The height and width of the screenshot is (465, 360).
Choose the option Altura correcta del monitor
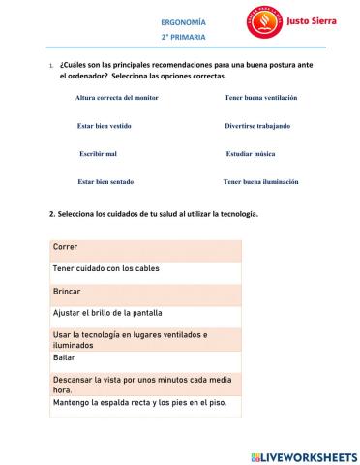click(116, 99)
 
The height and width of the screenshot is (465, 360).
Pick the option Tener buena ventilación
click(260, 99)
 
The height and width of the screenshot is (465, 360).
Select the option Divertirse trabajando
click(256, 126)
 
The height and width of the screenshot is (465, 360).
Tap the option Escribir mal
click(98, 154)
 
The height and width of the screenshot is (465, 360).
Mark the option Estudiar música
click(250, 154)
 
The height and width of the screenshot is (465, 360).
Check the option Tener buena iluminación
click(260, 182)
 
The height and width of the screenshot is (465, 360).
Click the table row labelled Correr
click(145, 247)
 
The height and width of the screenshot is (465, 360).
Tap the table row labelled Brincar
click(145, 291)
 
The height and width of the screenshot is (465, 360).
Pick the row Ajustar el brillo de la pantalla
click(145, 313)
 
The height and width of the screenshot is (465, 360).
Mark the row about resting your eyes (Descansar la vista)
click(145, 385)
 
